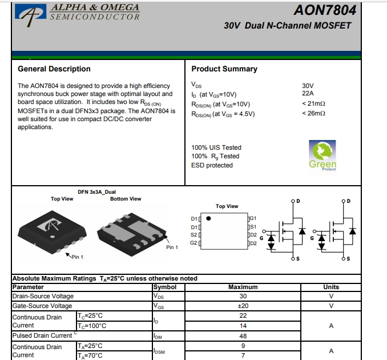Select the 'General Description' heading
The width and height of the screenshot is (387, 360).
click(54, 69)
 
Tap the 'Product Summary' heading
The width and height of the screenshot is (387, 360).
click(224, 69)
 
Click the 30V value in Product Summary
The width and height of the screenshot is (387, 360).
click(308, 86)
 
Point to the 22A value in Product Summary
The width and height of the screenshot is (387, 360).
click(308, 94)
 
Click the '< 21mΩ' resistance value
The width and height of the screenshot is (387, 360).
click(313, 104)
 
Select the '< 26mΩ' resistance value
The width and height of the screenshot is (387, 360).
click(313, 114)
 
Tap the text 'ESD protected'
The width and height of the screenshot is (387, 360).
click(212, 166)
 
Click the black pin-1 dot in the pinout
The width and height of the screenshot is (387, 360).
click(209, 218)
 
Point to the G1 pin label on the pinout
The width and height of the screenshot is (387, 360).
click(253, 219)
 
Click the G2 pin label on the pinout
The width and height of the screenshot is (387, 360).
click(193, 243)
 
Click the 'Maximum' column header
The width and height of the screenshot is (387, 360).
click(243, 287)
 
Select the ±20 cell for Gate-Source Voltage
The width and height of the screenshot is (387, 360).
click(243, 306)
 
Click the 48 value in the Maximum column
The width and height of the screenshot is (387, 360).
click(243, 336)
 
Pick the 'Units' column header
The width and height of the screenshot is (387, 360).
click(331, 287)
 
